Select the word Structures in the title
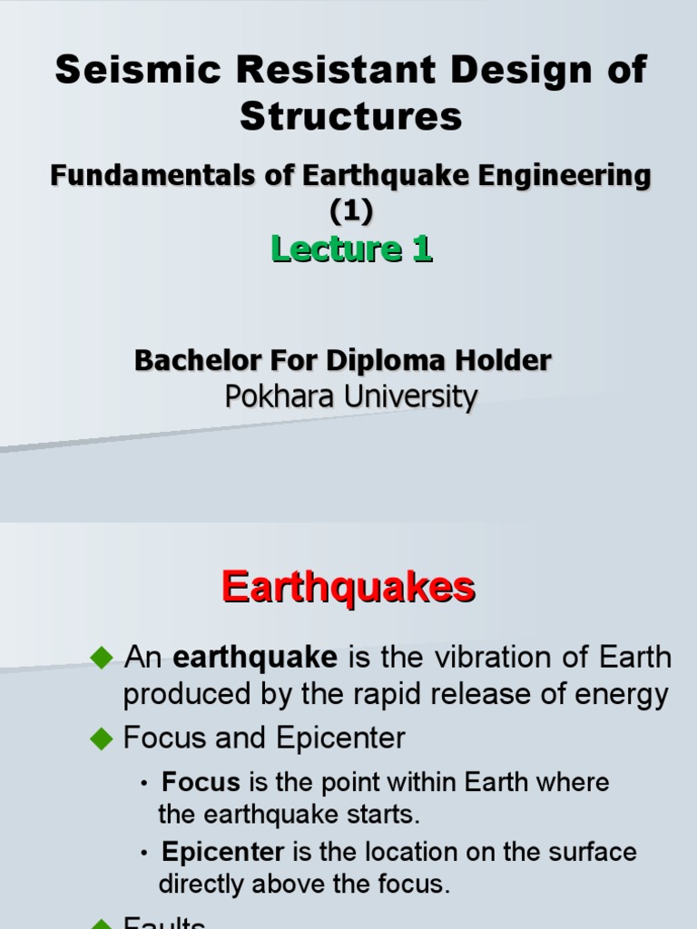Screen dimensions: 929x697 click(350, 116)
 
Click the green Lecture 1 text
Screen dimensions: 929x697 click(350, 249)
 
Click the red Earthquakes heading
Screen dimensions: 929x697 click(348, 588)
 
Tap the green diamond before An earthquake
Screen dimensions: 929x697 click(101, 656)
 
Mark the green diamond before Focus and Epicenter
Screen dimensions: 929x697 click(101, 738)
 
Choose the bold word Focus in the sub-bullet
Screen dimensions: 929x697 click(201, 782)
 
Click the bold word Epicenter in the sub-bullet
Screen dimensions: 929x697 click(222, 853)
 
